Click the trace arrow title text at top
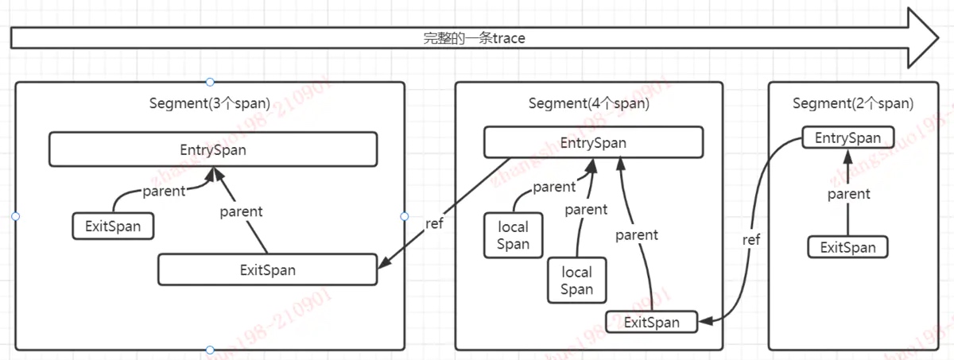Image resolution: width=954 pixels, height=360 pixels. (x=474, y=37)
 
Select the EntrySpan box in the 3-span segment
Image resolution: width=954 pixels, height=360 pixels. (x=213, y=149)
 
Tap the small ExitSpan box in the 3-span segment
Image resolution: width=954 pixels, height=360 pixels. (x=113, y=226)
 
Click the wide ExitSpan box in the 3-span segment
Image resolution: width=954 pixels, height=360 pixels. (x=267, y=269)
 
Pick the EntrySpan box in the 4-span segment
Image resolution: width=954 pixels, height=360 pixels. (x=593, y=143)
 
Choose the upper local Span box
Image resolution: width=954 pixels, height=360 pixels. (x=513, y=235)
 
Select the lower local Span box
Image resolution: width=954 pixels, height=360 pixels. (x=576, y=281)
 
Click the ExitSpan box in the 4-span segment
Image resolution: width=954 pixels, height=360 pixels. (x=652, y=322)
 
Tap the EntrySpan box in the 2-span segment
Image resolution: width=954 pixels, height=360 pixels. (x=847, y=137)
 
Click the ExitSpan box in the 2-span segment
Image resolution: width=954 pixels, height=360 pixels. (x=847, y=246)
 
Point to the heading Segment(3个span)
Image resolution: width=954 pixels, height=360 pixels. (x=210, y=103)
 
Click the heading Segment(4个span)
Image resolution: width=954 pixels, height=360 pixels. (x=589, y=103)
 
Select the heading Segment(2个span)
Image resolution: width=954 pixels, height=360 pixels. (x=853, y=103)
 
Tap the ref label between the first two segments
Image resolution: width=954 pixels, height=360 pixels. (x=434, y=223)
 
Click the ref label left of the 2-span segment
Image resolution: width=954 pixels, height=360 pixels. (x=751, y=239)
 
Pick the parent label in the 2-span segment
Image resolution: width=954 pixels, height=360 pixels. (x=848, y=193)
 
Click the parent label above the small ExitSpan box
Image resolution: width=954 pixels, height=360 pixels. (x=164, y=191)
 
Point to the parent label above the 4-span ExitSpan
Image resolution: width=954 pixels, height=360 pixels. (x=637, y=234)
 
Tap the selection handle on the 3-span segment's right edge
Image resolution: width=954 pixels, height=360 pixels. (x=404, y=216)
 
